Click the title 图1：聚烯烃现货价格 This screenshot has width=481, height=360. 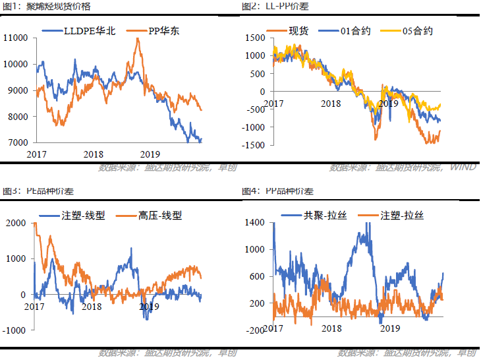point(47,6)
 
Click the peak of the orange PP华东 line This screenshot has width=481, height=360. point(138,39)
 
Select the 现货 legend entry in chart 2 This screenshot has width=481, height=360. point(293,30)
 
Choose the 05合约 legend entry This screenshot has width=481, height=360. point(415,30)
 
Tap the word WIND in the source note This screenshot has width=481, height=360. point(463,167)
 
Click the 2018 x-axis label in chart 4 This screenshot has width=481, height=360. point(332,328)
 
